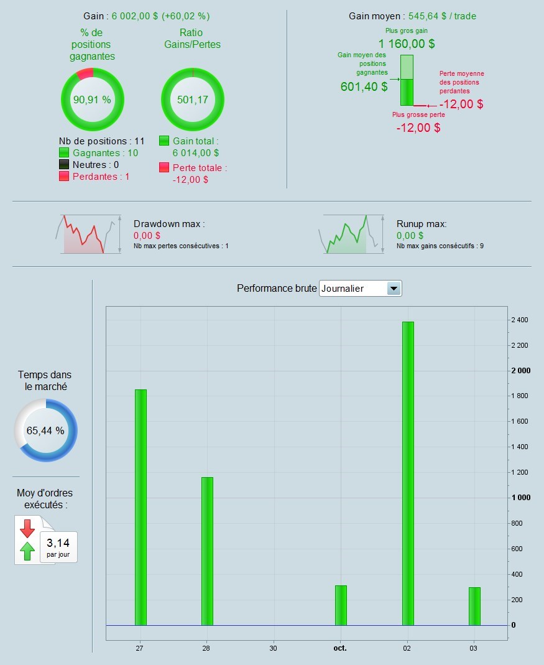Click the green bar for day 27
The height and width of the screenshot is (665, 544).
coord(141,507)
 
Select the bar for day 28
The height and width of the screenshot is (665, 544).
coord(207,551)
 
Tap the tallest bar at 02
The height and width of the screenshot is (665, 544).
coord(408,473)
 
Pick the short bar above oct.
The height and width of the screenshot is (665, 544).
coord(341,605)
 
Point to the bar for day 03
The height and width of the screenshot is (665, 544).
coord(474,606)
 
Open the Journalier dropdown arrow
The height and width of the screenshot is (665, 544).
coord(394,289)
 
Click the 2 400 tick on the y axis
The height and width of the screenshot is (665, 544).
coord(519,320)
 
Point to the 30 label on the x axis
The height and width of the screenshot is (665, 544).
coord(274,648)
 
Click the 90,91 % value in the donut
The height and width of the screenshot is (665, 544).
coord(92,100)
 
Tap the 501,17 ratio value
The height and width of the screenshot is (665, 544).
coord(192,100)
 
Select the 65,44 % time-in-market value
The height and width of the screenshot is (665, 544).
coord(45,430)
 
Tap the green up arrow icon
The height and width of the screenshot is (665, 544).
coord(27,551)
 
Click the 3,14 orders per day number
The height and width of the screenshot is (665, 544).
coord(58,543)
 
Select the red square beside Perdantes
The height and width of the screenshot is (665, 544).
coord(63,177)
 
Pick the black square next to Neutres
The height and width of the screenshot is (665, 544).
coord(63,165)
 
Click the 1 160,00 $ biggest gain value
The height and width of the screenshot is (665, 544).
coord(406,44)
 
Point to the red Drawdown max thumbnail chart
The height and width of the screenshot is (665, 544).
coord(82,235)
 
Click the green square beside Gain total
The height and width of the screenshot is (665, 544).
coord(164,141)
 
